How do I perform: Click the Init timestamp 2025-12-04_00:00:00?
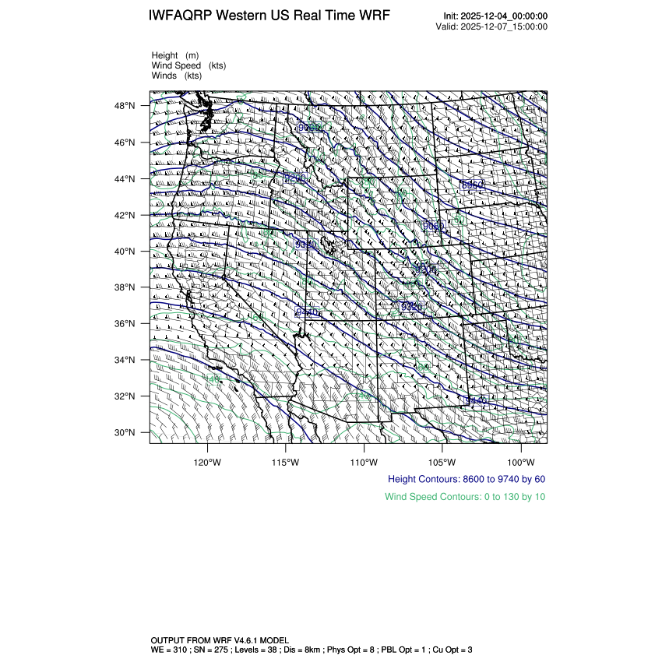506,16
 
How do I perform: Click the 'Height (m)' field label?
175,55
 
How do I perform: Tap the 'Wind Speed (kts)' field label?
188,65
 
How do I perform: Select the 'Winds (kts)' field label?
176,76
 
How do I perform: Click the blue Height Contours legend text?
467,479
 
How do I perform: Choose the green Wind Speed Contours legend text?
465,497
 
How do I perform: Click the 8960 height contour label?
473,185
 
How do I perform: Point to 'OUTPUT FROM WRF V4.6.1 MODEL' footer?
220,639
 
